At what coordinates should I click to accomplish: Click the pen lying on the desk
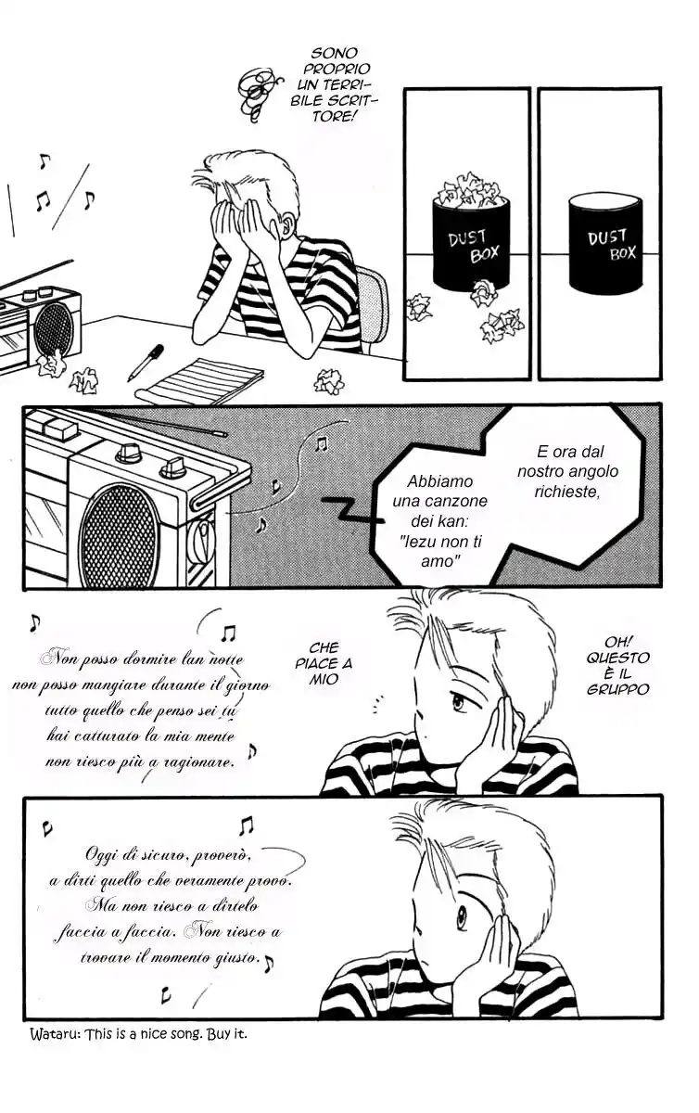tap(146, 363)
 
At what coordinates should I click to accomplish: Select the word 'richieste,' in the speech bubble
tap(567, 491)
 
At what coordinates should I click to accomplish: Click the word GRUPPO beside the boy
tap(618, 690)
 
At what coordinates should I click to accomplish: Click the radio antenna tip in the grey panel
tap(224, 435)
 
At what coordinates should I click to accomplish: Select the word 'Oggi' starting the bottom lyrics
tap(102, 855)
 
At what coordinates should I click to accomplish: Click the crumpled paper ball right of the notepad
tap(329, 381)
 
